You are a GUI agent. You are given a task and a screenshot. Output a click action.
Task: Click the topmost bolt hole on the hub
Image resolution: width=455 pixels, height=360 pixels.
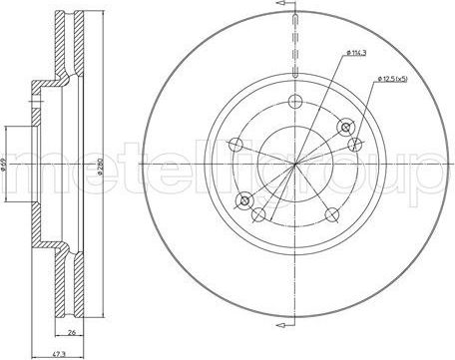pyautogui.click(x=293, y=99)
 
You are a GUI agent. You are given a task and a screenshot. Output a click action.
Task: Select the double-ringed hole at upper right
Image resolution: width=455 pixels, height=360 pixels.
pyautogui.click(x=346, y=126)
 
